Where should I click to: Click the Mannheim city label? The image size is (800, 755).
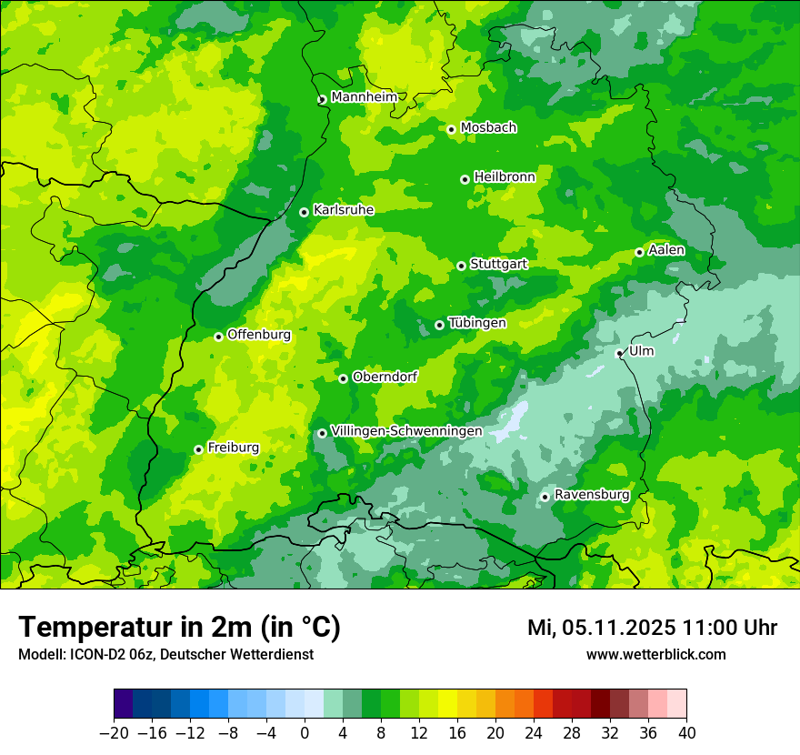coord(364,97)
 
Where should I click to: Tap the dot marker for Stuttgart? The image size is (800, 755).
coord(462,266)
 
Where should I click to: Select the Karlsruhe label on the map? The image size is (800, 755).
coord(344,210)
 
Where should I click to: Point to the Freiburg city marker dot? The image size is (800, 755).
coord(198,449)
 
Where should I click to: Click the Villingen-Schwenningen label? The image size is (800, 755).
coord(406,431)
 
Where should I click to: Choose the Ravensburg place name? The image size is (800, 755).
coord(592,495)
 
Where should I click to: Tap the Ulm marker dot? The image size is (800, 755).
coord(619,353)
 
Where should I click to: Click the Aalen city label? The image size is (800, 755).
coord(666,250)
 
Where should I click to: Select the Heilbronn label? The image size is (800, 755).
coord(505,177)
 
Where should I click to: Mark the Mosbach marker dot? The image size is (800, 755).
coord(451,129)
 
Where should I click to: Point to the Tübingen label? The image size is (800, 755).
coord(477,323)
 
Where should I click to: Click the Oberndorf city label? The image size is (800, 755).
coord(385,377)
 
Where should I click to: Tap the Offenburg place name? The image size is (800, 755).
coord(259,335)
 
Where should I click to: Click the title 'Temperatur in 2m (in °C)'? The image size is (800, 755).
coord(179,628)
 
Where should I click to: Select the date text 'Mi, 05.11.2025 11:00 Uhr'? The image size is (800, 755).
coord(652,628)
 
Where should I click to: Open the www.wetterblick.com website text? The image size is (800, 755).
coord(655,654)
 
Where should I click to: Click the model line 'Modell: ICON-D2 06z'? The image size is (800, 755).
coord(165,654)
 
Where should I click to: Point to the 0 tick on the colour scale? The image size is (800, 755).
coord(305,732)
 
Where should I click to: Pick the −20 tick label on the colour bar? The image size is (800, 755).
coord(114,732)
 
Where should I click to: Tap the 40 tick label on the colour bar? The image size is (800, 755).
coord(686,732)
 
